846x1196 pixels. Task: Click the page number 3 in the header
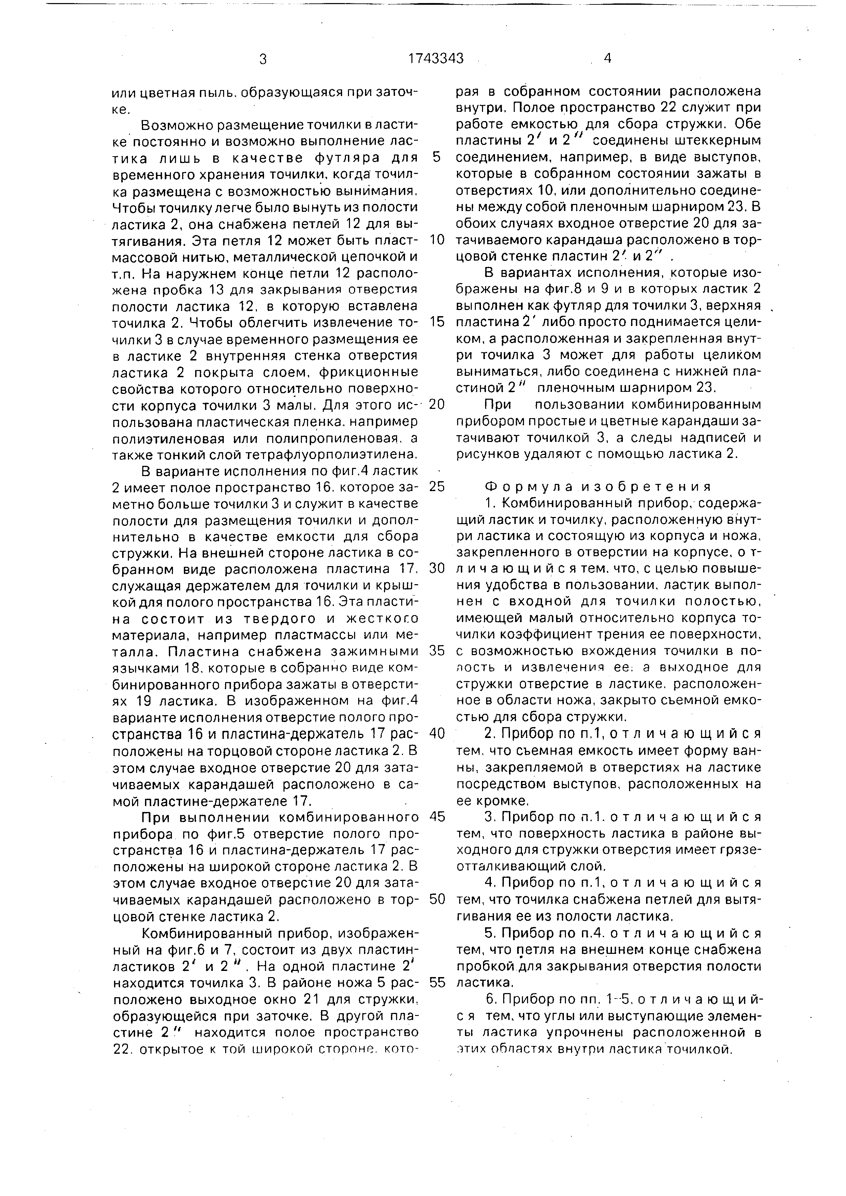[x=263, y=59]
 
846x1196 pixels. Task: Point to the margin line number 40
[x=437, y=734]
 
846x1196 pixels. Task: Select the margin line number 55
[x=437, y=983]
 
